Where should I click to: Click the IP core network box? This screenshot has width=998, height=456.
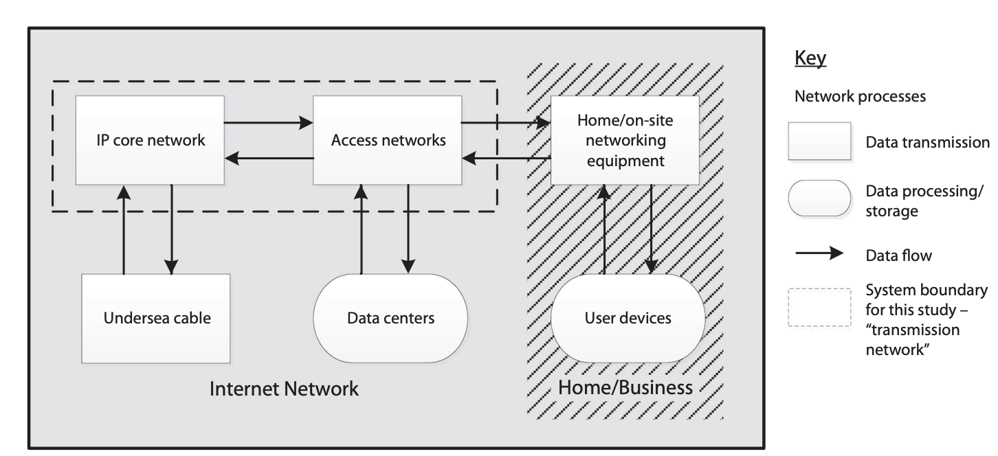[x=150, y=140]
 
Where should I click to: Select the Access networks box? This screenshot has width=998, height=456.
[x=388, y=140]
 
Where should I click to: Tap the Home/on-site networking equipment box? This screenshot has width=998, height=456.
[x=625, y=140]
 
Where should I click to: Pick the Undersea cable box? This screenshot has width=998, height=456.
[x=156, y=318]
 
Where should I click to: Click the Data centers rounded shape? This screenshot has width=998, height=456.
[x=390, y=318]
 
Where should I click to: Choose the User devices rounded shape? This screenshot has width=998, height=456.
[x=628, y=318]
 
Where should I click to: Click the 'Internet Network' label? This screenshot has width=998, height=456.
[x=284, y=389]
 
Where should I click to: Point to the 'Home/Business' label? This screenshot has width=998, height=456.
[x=625, y=387]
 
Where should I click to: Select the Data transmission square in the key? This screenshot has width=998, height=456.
[x=819, y=141]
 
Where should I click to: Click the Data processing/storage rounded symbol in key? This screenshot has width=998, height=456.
[x=819, y=198]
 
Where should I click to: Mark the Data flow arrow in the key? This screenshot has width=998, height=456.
[x=819, y=254]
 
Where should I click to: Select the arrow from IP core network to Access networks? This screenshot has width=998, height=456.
[x=268, y=124]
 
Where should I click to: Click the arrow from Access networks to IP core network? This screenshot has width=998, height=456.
[x=268, y=159]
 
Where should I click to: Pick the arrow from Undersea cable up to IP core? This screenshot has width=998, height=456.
[x=124, y=229]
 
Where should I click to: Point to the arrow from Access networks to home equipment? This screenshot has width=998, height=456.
[x=506, y=124]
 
